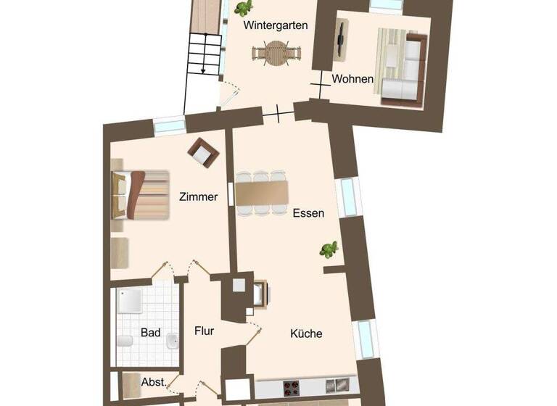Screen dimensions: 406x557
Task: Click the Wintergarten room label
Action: click(x=276, y=25)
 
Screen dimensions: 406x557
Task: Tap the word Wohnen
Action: click(x=353, y=78)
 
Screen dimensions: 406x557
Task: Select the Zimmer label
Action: click(x=198, y=196)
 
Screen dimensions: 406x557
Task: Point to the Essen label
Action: click(x=308, y=213)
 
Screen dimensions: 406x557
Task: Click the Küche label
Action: click(x=306, y=334)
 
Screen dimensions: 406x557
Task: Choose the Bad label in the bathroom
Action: click(x=151, y=333)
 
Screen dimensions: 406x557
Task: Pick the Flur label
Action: click(x=205, y=331)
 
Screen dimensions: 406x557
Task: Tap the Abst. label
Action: click(x=154, y=382)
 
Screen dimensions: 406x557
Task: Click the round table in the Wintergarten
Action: click(x=276, y=53)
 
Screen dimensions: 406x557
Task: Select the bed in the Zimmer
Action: click(x=141, y=193)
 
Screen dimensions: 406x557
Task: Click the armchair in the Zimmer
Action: click(x=202, y=152)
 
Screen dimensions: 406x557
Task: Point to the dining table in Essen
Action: click(x=261, y=193)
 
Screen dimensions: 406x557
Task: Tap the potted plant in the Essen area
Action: click(x=330, y=250)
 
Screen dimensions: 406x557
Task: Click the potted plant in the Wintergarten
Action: click(x=243, y=8)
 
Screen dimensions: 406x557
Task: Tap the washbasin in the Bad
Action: click(x=172, y=341)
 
